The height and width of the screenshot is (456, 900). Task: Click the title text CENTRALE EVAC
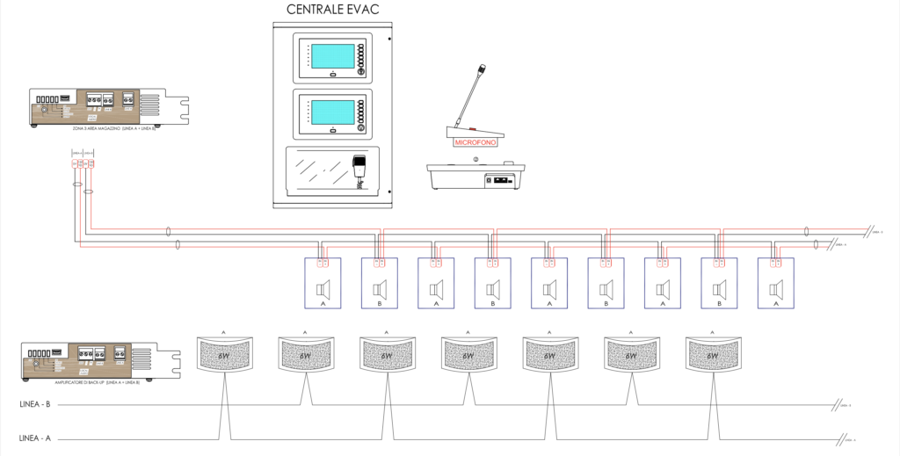tap(333, 10)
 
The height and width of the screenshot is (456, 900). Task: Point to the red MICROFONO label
tap(474, 141)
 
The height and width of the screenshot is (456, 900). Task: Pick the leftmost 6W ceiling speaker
tap(223, 355)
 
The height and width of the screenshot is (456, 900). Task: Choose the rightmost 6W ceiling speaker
tap(712, 355)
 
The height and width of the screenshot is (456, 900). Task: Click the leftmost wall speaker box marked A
tap(323, 283)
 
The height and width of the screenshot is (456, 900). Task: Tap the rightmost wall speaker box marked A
tap(775, 283)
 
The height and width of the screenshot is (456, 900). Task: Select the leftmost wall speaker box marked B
tap(380, 283)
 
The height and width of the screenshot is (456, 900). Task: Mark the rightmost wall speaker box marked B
tap(719, 283)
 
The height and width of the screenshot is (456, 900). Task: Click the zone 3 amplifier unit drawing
tap(97, 107)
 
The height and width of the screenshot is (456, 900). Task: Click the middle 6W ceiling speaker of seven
tap(468, 355)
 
